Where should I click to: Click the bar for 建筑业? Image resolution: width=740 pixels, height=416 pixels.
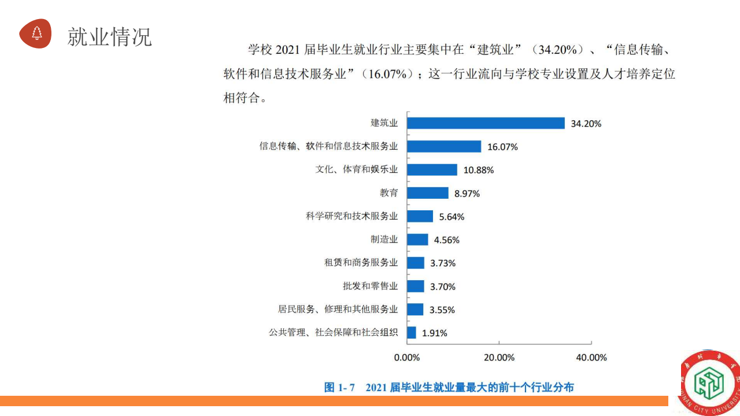[486, 123]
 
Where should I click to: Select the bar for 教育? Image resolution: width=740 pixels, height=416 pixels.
[428, 193]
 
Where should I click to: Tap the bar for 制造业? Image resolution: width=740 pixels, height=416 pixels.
[417, 240]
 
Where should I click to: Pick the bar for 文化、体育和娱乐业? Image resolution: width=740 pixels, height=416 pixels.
[432, 170]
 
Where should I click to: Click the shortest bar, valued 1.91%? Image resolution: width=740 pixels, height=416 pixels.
[412, 333]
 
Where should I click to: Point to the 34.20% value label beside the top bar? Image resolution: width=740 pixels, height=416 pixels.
[586, 124]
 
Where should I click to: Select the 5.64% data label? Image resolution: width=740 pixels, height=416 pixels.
[452, 217]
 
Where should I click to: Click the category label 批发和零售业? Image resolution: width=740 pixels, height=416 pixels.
[371, 286]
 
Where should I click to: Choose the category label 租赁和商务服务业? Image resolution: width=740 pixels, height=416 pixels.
[361, 263]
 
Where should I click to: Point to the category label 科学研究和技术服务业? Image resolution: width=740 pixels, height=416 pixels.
[352, 216]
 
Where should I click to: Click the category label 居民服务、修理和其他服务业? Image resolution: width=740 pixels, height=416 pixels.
[338, 309]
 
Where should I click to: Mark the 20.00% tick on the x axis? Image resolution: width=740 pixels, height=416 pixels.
[499, 358]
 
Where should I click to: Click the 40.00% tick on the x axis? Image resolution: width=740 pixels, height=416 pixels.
[591, 358]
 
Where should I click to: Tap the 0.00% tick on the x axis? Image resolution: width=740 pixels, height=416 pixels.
[407, 358]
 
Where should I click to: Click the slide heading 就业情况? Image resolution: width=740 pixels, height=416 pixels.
[110, 36]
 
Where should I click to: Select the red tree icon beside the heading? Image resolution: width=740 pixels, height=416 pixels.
[36, 33]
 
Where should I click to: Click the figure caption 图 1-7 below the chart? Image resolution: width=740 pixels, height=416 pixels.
[449, 387]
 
